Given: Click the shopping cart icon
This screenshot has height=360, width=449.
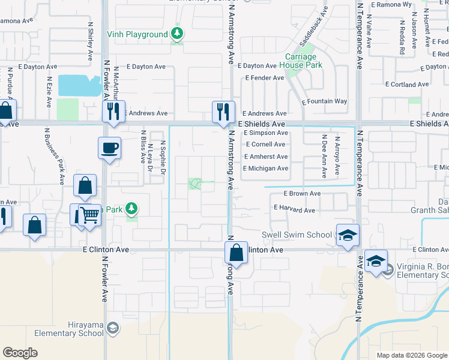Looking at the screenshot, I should pos(89,214).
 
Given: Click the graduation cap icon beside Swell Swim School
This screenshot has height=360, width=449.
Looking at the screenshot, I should pos(347,235).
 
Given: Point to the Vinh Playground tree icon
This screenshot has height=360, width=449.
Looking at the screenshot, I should pos(177,35).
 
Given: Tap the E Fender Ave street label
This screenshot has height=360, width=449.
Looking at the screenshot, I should pos(265,78).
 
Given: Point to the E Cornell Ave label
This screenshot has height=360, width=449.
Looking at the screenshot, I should pos(265,145).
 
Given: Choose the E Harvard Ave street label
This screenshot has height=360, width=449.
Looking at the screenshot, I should pos(294,211).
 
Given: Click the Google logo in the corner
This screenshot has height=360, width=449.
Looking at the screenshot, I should pos(20,352).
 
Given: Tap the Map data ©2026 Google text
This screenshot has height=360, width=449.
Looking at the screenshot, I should pos(411,355).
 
